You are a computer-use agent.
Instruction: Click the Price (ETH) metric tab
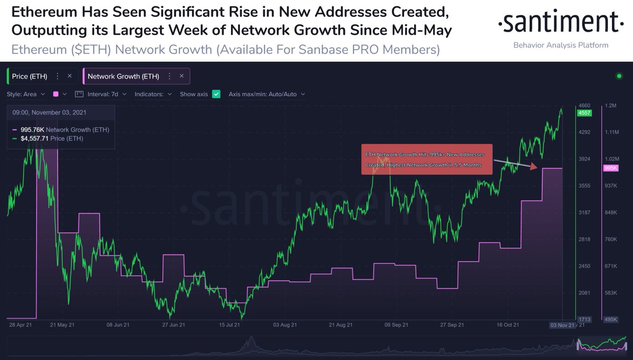[30, 76]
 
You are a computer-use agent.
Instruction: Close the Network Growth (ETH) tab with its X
[181, 76]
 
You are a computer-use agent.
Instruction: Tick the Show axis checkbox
[216, 94]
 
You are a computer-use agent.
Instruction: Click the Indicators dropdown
[154, 94]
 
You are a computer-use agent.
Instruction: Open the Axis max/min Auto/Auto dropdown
[266, 94]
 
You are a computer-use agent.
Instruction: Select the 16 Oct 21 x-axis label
[507, 325]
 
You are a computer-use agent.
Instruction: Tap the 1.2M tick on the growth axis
[611, 106]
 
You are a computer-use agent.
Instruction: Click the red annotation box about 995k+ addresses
[426, 159]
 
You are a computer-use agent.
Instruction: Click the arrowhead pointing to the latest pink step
[533, 167]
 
